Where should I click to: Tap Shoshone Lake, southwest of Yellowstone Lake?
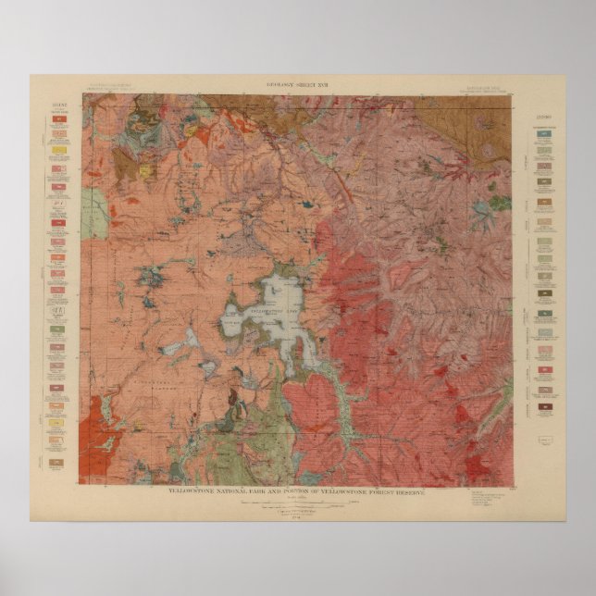[x=174, y=349]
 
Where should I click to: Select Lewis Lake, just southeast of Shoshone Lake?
[x=210, y=367]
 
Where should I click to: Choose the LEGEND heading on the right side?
[x=545, y=118]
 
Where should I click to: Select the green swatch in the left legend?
[x=57, y=329]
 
